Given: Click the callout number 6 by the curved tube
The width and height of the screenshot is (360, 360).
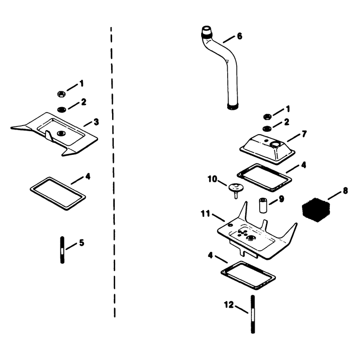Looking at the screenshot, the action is [x=239, y=36].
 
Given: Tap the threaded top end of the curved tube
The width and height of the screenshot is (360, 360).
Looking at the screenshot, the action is [x=207, y=32].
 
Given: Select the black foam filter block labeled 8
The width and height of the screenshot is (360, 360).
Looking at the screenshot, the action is [x=316, y=210].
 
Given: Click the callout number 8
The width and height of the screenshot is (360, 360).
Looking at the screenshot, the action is [x=345, y=191].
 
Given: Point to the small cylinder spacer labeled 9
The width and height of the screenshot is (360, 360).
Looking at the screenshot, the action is [x=263, y=206].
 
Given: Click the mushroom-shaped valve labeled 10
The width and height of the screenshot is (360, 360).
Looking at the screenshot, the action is [x=235, y=189].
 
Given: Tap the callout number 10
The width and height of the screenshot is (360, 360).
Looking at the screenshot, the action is [x=212, y=179].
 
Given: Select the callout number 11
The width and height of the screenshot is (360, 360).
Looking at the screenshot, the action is [x=205, y=214].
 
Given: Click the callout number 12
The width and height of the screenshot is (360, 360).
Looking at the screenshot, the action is [x=229, y=305].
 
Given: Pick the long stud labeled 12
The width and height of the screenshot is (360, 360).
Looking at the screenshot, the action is [x=252, y=314].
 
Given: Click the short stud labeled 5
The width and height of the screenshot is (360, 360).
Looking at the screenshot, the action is [x=62, y=250].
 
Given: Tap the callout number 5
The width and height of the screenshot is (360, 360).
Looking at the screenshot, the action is [x=82, y=243].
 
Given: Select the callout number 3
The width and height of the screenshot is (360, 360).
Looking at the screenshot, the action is [x=96, y=122].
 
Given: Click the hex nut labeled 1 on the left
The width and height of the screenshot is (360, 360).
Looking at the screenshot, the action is [x=61, y=94].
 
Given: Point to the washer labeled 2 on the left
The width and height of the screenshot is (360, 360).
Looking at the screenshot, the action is [x=62, y=109].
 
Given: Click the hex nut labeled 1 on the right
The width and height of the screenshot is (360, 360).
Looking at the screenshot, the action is [x=267, y=117].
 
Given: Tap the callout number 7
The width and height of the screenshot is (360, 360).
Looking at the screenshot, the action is [x=304, y=134].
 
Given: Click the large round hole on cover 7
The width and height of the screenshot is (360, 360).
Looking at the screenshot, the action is [x=275, y=144].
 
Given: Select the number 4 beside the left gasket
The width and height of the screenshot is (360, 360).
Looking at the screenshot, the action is [x=88, y=176].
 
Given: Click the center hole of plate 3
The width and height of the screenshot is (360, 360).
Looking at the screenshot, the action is [x=61, y=133].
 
